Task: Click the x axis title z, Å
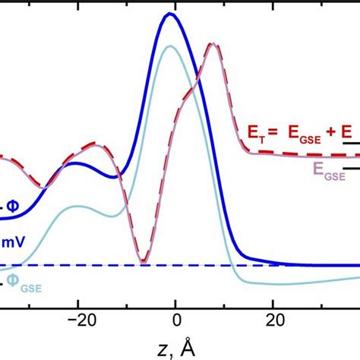pos(176,347)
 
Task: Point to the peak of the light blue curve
pos(170,47)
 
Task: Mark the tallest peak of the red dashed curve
pos(215,46)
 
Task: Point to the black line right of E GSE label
pos(352,168)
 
